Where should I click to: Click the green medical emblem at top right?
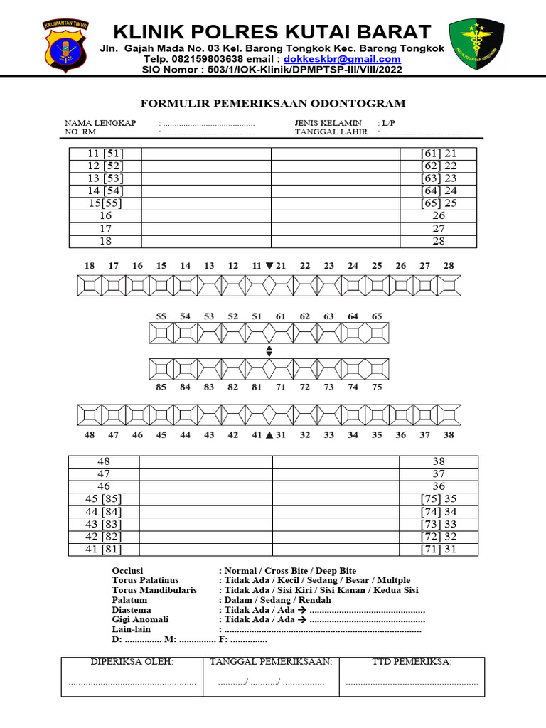476,44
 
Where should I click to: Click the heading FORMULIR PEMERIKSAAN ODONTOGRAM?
273,104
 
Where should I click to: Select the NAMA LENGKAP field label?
100,123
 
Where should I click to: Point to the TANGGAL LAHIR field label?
331,132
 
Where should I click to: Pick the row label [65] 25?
439,203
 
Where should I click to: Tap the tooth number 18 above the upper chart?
89,266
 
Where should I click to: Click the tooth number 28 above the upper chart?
449,266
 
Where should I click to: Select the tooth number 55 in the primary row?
161,316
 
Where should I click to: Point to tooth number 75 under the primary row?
377,387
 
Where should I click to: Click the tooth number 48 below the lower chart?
89,434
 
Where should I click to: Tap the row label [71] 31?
439,549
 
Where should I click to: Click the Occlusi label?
128,571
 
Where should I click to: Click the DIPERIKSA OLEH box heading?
132,662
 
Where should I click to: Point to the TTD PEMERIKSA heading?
412,662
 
